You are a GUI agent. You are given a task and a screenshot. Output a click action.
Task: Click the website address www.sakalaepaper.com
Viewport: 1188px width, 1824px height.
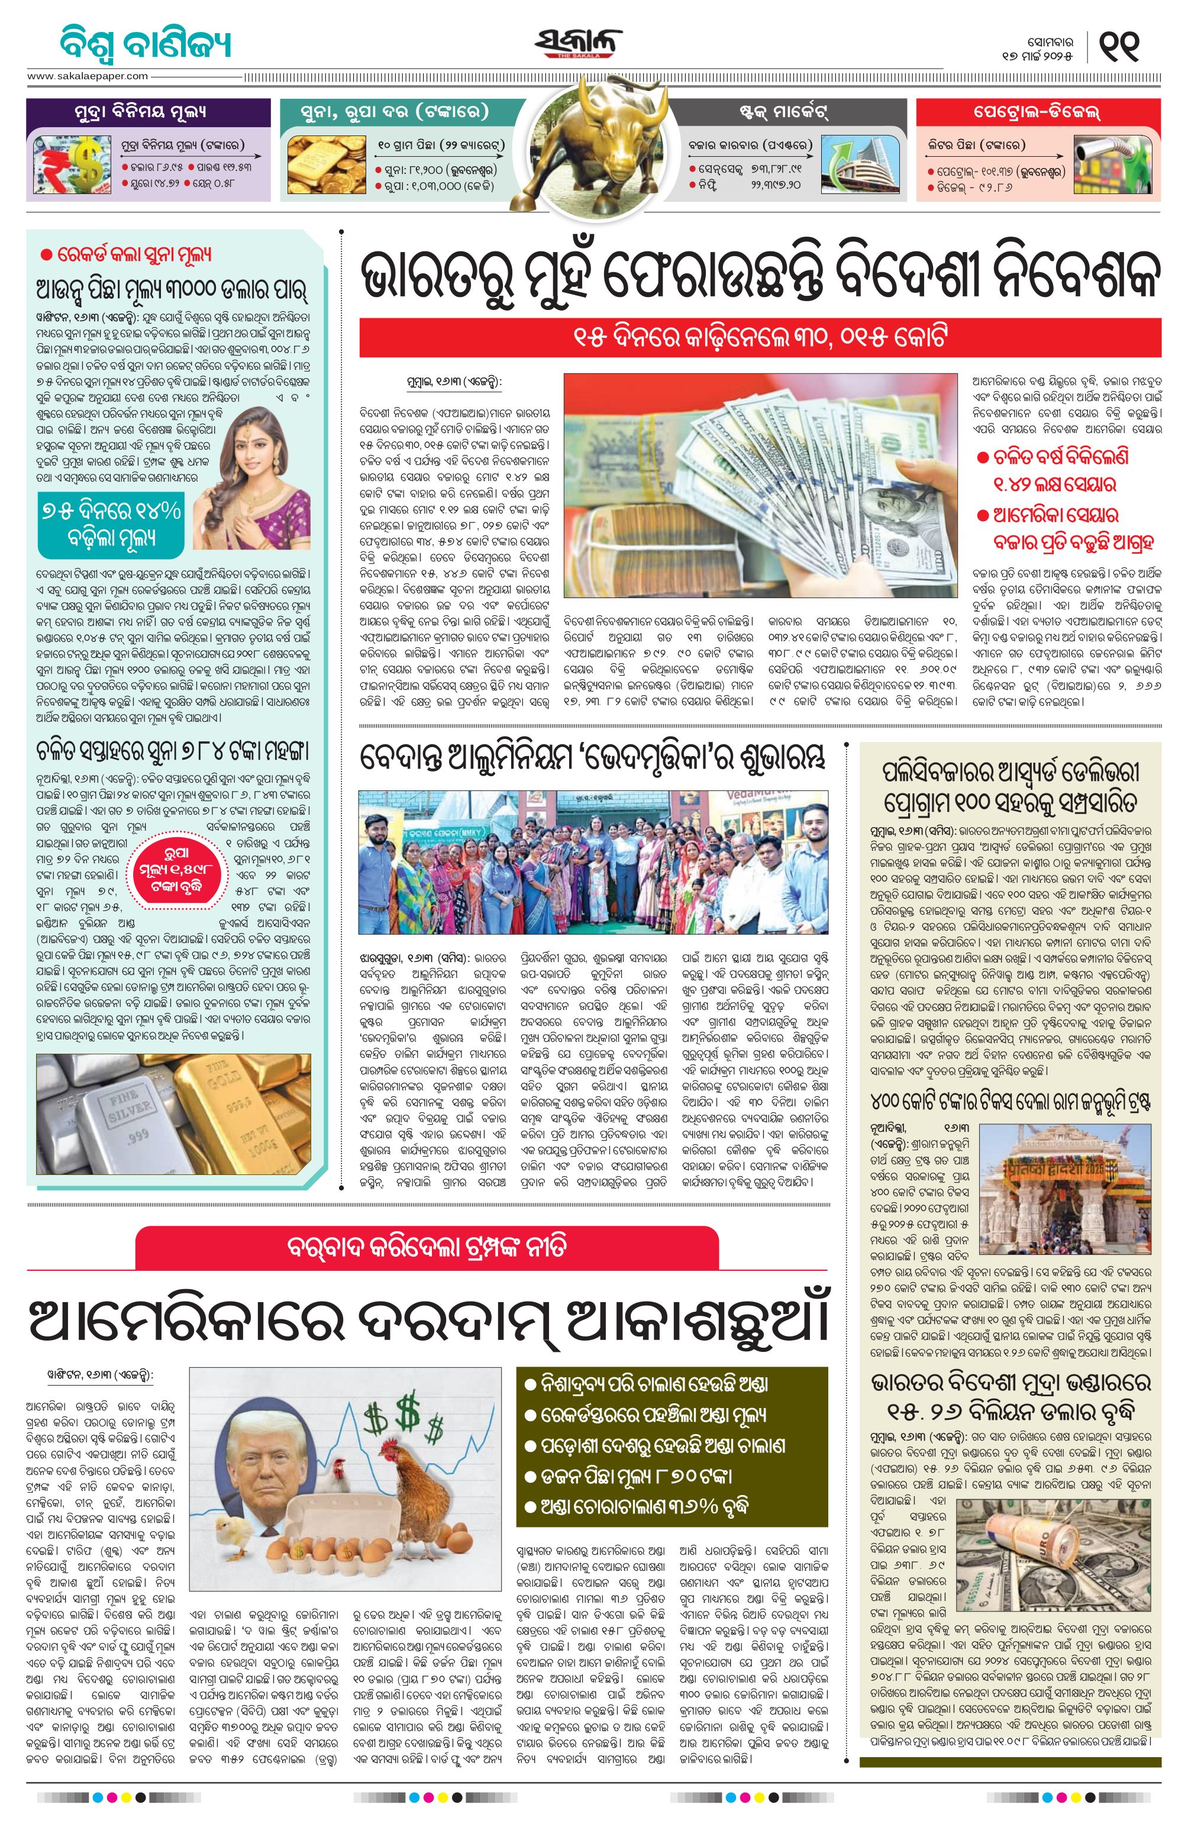point(88,76)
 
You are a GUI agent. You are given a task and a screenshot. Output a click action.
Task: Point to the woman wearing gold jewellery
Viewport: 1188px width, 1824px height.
point(253,479)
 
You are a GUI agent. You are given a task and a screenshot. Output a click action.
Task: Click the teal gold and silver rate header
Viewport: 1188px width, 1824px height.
point(395,112)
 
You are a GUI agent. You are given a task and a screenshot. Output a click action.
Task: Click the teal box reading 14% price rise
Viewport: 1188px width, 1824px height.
point(111,524)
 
